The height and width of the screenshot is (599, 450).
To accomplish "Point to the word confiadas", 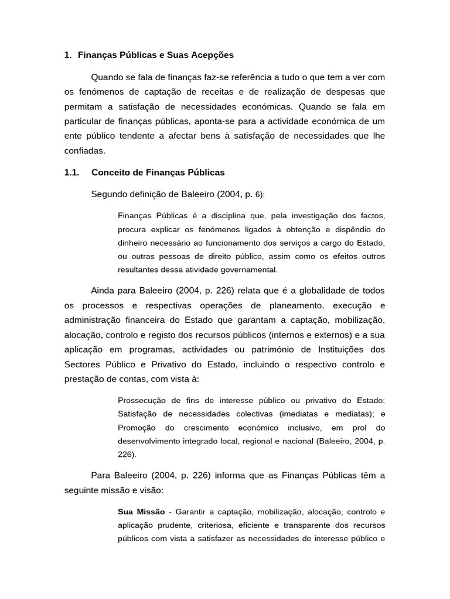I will point(84,150).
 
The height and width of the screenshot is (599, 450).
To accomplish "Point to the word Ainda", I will point(103,291).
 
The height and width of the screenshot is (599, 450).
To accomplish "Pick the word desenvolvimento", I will point(149,440).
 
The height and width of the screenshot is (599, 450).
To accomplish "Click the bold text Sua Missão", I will point(141,495).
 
